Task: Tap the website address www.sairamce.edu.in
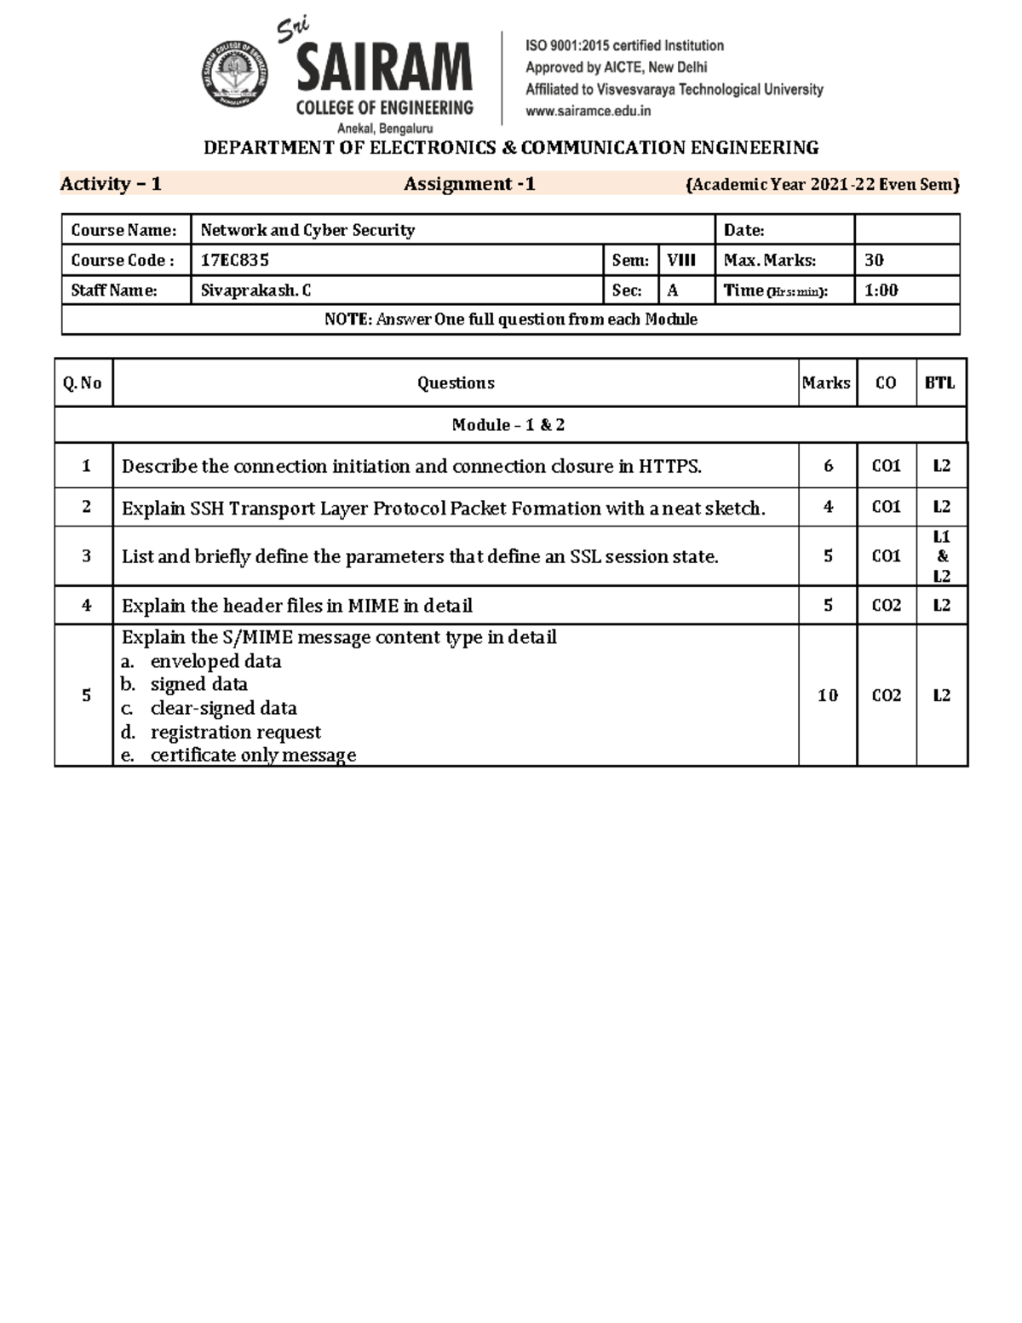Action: tap(588, 111)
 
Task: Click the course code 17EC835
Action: tap(234, 261)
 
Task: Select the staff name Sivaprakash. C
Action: tap(255, 290)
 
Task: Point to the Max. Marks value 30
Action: tap(874, 261)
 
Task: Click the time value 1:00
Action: tap(881, 290)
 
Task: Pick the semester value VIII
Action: tap(681, 261)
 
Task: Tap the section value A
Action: tap(673, 290)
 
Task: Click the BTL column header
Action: tap(940, 383)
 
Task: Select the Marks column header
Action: tap(826, 383)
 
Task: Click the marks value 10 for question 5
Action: tap(828, 696)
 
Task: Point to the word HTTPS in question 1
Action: tap(669, 467)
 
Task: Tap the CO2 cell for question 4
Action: tap(887, 606)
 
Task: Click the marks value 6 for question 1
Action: tap(828, 467)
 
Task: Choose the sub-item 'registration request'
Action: tap(235, 733)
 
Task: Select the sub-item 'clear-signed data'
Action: tap(223, 709)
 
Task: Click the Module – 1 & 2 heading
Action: tap(508, 425)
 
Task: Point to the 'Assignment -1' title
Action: tap(469, 184)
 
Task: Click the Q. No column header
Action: tap(83, 383)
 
